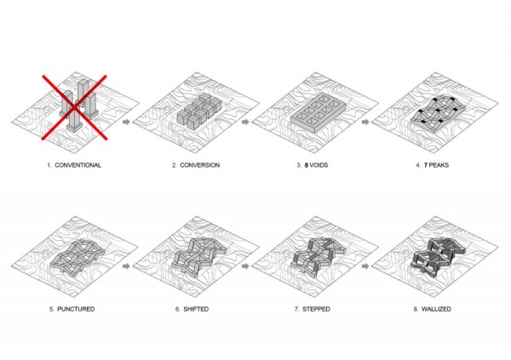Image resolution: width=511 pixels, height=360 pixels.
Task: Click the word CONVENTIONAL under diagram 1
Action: pyautogui.click(x=78, y=165)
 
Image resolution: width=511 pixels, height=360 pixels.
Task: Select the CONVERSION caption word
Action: pyautogui.click(x=200, y=165)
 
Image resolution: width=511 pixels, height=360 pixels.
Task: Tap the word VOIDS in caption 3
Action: pyautogui.click(x=319, y=165)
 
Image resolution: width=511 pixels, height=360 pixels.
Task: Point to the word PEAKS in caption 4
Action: pyautogui.click(x=439, y=165)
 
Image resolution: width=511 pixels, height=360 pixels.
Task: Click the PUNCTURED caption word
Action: pyautogui.click(x=76, y=309)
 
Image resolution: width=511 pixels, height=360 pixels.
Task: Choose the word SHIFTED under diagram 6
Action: pyautogui.click(x=196, y=309)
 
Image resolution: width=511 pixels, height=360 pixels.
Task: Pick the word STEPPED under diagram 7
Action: pyautogui.click(x=316, y=309)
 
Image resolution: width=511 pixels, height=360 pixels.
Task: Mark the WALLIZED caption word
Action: pyautogui.click(x=436, y=309)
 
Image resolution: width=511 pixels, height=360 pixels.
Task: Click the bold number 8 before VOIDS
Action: pyautogui.click(x=307, y=165)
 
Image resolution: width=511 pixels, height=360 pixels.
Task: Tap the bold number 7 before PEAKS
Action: pyautogui.click(x=426, y=165)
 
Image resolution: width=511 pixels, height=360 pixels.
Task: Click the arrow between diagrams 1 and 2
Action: pyautogui.click(x=126, y=122)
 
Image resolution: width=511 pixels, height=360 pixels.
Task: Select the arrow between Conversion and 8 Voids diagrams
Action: pyautogui.click(x=245, y=122)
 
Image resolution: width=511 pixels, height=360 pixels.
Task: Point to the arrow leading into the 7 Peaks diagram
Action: pyautogui.click(x=365, y=122)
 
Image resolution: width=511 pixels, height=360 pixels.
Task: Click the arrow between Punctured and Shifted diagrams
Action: pyautogui.click(x=126, y=266)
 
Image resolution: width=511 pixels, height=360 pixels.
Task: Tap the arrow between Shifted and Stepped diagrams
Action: pyautogui.click(x=245, y=266)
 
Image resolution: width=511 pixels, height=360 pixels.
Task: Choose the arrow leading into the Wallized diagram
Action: pyautogui.click(x=365, y=266)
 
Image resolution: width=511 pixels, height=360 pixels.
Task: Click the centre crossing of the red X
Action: pyautogui.click(x=75, y=107)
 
